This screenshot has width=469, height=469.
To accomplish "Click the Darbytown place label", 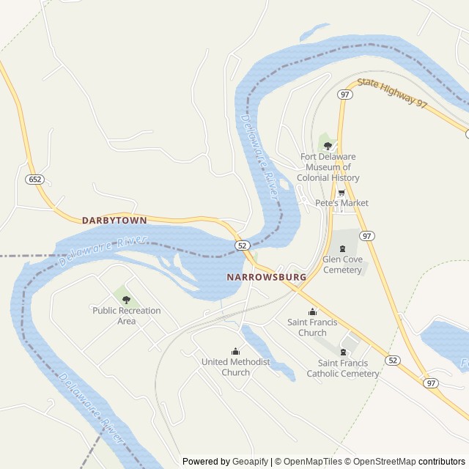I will [114, 220].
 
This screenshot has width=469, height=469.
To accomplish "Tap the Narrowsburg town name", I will [266, 278].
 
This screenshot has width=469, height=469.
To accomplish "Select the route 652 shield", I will [34, 180].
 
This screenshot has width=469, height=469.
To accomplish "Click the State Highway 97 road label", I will [392, 94].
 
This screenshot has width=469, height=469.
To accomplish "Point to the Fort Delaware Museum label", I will [328, 167].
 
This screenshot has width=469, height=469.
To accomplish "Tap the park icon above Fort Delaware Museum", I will [328, 146].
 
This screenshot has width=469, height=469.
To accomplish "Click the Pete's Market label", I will [341, 203].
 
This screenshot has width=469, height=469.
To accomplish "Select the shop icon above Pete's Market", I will [341, 193].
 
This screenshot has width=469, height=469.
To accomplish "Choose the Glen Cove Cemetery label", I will [342, 265].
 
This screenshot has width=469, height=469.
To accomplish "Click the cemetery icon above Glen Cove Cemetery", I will [341, 248].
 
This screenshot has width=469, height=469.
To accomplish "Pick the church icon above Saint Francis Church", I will [312, 311].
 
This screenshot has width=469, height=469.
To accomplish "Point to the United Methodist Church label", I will [235, 367].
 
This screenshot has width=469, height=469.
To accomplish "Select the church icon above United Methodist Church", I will [235, 351].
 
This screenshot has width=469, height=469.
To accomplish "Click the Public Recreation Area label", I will [126, 316].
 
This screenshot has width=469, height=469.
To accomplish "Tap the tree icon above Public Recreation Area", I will [126, 300].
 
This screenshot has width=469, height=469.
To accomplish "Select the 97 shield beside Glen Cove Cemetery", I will [367, 236].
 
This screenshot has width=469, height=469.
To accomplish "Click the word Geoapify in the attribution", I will [250, 462].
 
